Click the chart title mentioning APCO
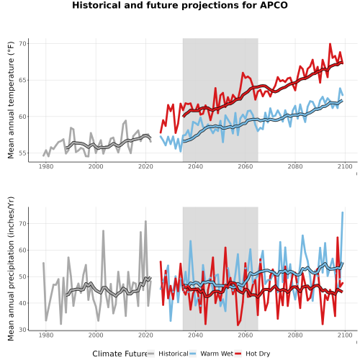click(x=180, y=5)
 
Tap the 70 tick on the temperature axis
click(x=23, y=44)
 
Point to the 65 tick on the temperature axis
click(x=23, y=80)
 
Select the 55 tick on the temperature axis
click(x=23, y=153)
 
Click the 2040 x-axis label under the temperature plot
click(x=195, y=166)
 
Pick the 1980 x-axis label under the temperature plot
click(x=46, y=166)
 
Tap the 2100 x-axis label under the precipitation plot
click(x=345, y=335)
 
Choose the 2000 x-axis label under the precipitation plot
click(x=96, y=335)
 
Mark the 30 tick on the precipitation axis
click(x=23, y=330)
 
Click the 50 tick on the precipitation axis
click(x=23, y=276)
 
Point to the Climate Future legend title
click(x=120, y=354)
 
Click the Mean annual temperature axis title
click(x=11, y=100)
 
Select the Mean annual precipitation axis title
click(x=11, y=269)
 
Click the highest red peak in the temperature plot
click(x=330, y=44)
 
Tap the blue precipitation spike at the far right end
click(x=343, y=212)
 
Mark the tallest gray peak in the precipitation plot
click(x=145, y=221)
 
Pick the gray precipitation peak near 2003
click(x=103, y=231)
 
